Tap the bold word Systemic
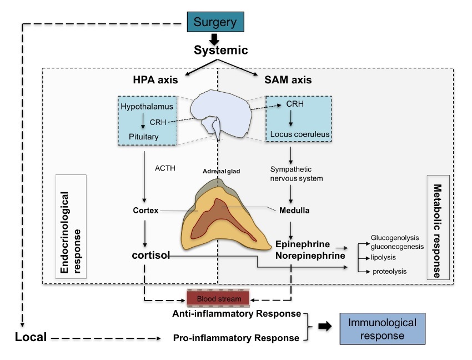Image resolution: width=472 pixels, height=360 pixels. (x=220, y=50)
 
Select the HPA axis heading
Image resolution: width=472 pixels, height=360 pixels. (x=155, y=80)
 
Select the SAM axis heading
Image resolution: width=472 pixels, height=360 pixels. (x=289, y=80)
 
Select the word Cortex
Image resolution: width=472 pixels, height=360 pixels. (x=146, y=211)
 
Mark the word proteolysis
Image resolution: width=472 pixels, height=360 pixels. (x=389, y=271)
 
